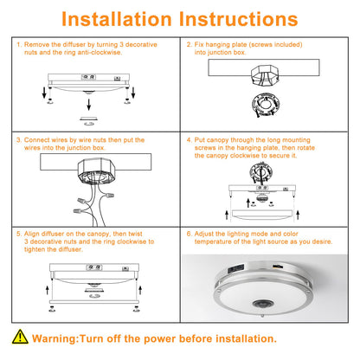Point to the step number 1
(x=19, y=43)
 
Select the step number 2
(x=190, y=43)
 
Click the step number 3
(x=19, y=138)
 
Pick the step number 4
(x=190, y=138)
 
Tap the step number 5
(x=19, y=234)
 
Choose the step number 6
(x=190, y=234)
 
